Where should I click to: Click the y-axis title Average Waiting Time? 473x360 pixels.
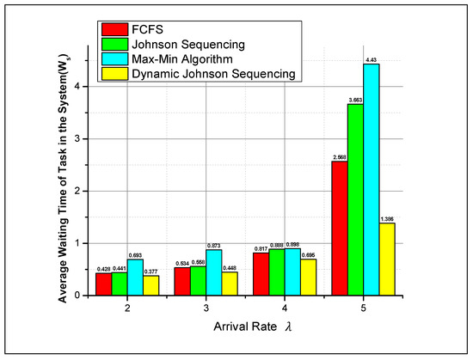coord(65,163)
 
